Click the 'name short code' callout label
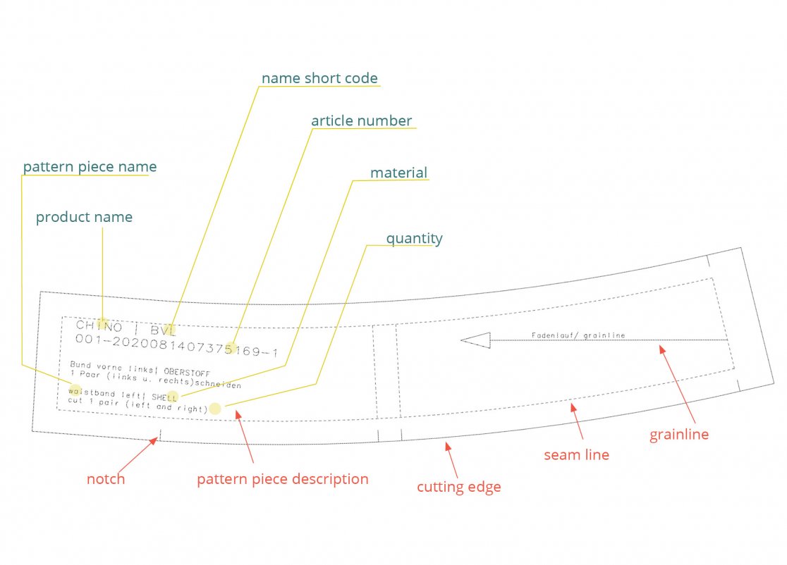coord(319,78)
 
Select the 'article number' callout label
coord(361,120)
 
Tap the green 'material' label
coord(398,173)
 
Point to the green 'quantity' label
coord(414,238)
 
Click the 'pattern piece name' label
coord(90,167)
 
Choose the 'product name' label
coord(84,217)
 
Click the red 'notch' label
coord(106,479)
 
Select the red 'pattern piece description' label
coord(282,479)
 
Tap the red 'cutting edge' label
coord(458,487)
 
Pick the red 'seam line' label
coord(576,455)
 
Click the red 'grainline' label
coord(678,435)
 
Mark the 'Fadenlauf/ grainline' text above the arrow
coord(578,335)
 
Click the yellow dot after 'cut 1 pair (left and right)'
coord(215,409)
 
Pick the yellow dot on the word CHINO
coord(103,324)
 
